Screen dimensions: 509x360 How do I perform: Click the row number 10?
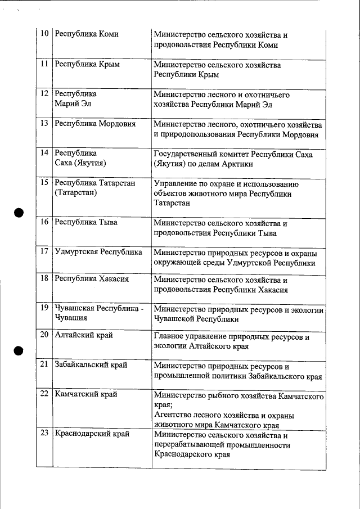point(44,34)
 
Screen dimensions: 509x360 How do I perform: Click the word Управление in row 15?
point(176,183)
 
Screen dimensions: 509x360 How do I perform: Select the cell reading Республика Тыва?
point(86,222)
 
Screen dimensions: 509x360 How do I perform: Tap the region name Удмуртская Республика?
point(98,252)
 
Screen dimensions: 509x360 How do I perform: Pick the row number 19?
point(44,308)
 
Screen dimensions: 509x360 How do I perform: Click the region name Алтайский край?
point(84,335)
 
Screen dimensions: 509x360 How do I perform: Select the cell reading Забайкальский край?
point(91,364)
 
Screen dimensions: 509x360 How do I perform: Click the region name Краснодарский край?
point(92,434)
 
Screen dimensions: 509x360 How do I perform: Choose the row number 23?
point(44,434)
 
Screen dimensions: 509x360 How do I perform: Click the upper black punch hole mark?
point(19,213)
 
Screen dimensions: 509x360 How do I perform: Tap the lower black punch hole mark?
point(19,349)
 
